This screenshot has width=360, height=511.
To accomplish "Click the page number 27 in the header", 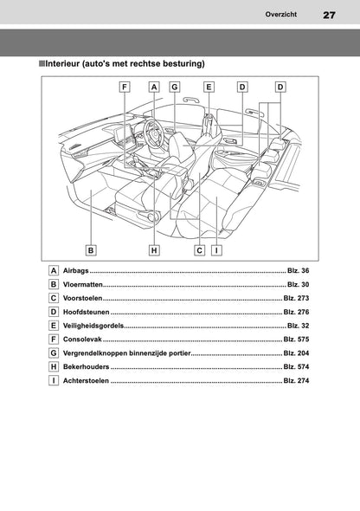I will tap(329, 15).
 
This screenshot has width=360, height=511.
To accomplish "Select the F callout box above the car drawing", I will tap(125, 87).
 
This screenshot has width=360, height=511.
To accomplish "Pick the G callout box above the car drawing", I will tap(174, 87).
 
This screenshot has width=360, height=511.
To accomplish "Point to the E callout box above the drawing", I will tap(209, 87).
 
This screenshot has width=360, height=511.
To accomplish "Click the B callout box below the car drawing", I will tap(90, 250).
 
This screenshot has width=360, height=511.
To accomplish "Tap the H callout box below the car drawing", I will tap(154, 250).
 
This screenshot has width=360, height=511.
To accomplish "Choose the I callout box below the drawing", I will tap(215, 250).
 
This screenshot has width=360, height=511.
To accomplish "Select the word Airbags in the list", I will tap(77, 272).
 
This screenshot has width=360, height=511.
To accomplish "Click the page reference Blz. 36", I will tap(298, 272).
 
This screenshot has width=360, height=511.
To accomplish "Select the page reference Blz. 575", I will tap(296, 339).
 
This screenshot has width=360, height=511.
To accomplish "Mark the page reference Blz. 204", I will tap(296, 353).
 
